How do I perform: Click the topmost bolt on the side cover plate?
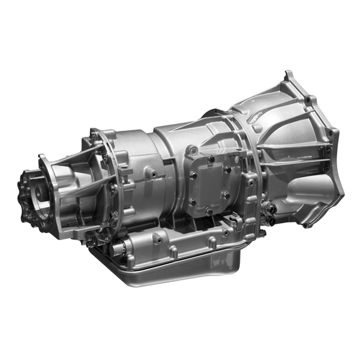click(x=211, y=159)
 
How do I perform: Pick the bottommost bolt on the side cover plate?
click(x=208, y=211)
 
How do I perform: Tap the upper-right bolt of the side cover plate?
click(x=227, y=170)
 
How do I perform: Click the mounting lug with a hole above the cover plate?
click(x=192, y=151)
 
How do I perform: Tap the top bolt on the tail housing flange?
click(x=94, y=136)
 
